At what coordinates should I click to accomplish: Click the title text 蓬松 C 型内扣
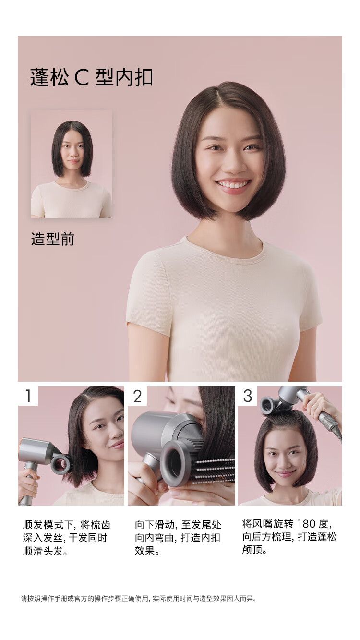tap(91, 77)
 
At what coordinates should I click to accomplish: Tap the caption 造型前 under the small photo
tap(53, 239)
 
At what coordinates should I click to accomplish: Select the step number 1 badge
tap(28, 396)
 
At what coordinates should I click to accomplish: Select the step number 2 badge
tap(137, 396)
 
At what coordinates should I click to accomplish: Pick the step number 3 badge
tap(248, 396)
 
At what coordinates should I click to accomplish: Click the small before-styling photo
tap(71, 164)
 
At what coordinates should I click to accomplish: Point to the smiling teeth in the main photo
tap(233, 184)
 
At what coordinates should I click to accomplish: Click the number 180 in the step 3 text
tap(306, 524)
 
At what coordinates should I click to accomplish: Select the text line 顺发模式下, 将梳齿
tap(67, 525)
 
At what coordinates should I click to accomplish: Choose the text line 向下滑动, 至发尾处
tap(178, 525)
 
